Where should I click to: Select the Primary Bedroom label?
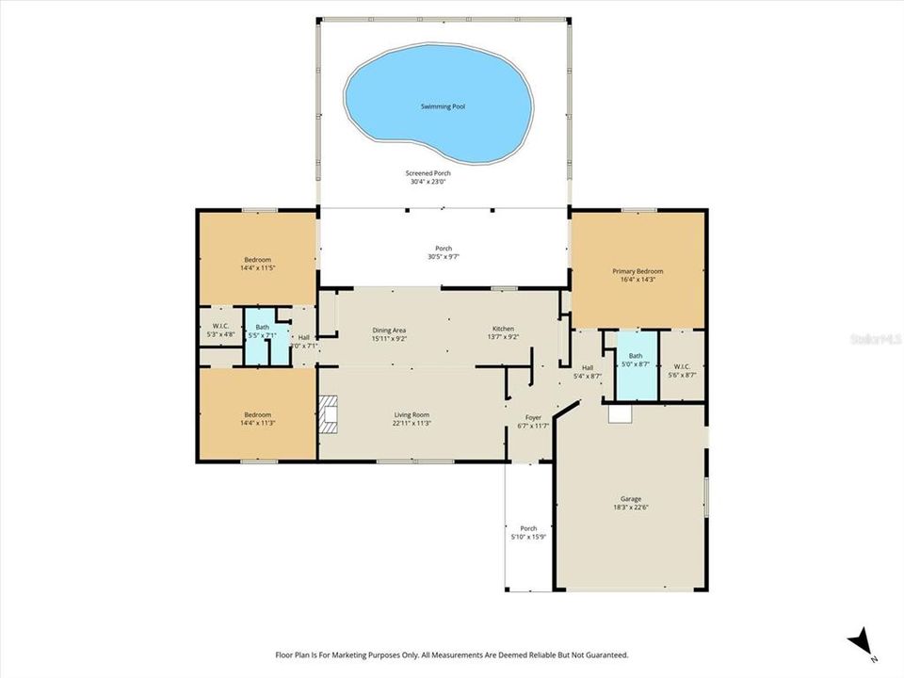pos(638,275)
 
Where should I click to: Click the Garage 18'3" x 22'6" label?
pos(631,503)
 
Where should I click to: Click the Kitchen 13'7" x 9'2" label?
pos(503,332)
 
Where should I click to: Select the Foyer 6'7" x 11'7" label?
pos(533,420)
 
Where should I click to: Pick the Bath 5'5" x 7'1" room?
pos(262,331)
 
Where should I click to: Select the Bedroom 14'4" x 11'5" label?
pos(257,264)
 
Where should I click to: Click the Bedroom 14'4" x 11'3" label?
pos(257,419)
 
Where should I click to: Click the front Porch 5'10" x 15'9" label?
pos(528,532)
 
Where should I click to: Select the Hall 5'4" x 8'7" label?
pos(588,372)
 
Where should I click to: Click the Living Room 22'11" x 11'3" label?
pos(412,419)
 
